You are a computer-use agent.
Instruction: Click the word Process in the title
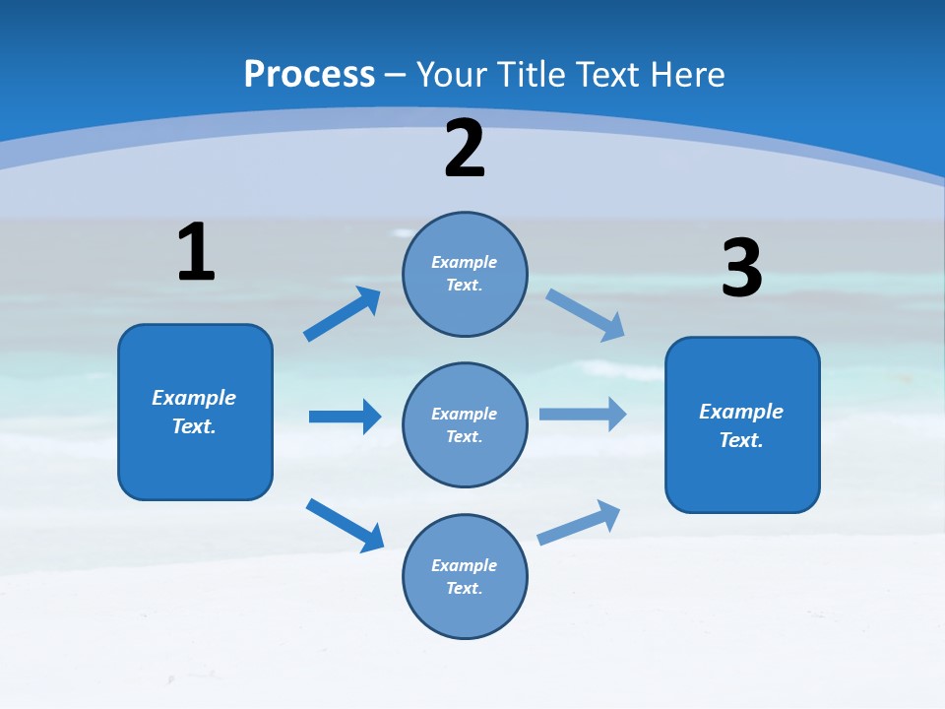[x=309, y=74]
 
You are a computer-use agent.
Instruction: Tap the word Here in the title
[x=686, y=74]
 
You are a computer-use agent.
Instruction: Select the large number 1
[x=196, y=253]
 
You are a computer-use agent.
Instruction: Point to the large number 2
[x=465, y=149]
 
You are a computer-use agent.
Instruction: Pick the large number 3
[x=741, y=268]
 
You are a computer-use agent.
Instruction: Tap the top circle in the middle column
[x=465, y=274]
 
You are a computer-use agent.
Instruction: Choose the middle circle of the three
[x=465, y=424]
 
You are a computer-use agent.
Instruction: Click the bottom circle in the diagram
[x=465, y=576]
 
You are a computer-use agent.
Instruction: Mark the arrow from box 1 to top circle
[x=342, y=314]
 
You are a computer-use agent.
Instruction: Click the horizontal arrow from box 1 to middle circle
[x=345, y=417]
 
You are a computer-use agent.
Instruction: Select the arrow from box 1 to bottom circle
[x=345, y=525]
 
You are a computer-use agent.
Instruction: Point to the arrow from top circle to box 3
[x=585, y=315]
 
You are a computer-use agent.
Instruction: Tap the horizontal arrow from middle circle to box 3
[x=583, y=414]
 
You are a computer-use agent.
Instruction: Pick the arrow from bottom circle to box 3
[x=579, y=523]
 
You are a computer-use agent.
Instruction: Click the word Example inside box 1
[x=194, y=398]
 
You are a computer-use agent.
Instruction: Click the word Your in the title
[x=448, y=74]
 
